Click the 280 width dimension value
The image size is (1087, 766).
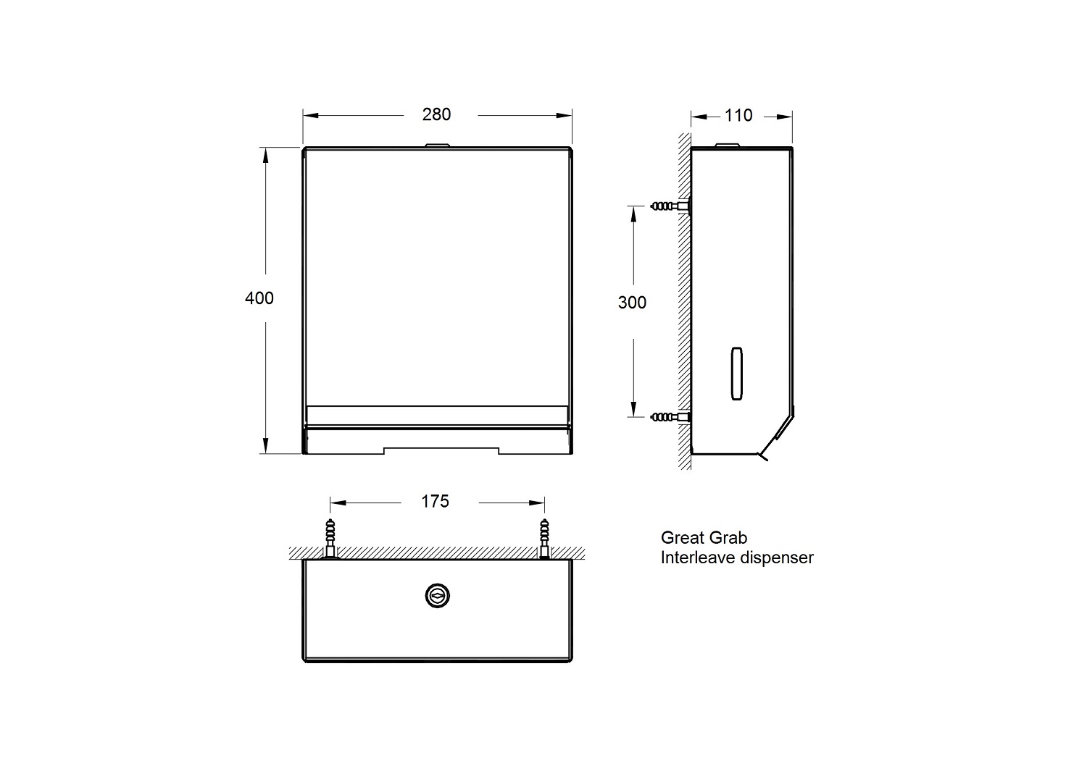[x=436, y=114]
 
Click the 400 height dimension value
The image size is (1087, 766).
[x=259, y=298]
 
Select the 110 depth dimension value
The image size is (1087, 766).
[x=738, y=115]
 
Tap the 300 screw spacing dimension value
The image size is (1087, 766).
[x=632, y=302]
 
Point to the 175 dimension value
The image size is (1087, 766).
[x=435, y=501]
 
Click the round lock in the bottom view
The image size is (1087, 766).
[x=437, y=595]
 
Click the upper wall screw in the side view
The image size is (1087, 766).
[x=668, y=206]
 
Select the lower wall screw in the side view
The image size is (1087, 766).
[x=668, y=417]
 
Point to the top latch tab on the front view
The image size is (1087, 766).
[x=436, y=146]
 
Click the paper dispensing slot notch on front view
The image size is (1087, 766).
[x=441, y=450]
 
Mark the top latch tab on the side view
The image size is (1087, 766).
[x=726, y=146]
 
